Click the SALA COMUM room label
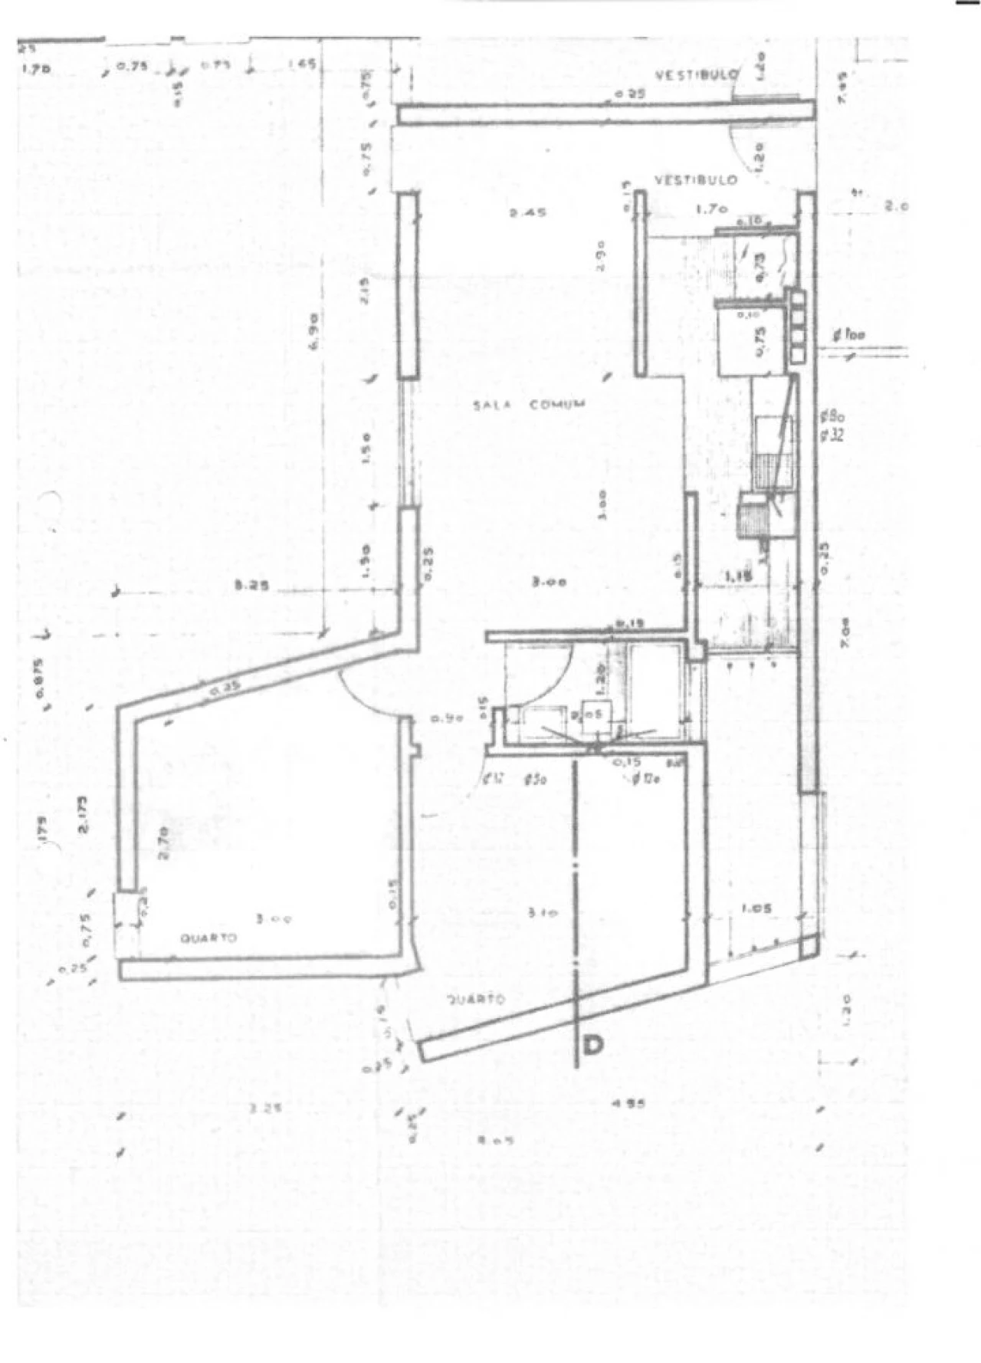pos(529,404)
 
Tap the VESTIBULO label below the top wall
pos(696,179)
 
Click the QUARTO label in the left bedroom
pos(208,938)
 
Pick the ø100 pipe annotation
pos(851,335)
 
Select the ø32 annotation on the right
pos(832,435)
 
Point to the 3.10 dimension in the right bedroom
pos(543,912)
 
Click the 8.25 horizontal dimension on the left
pos(254,588)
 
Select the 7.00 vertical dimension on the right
pos(845,634)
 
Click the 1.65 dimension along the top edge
pos(300,65)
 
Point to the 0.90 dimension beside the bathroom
pos(445,718)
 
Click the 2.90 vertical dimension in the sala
pos(602,255)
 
